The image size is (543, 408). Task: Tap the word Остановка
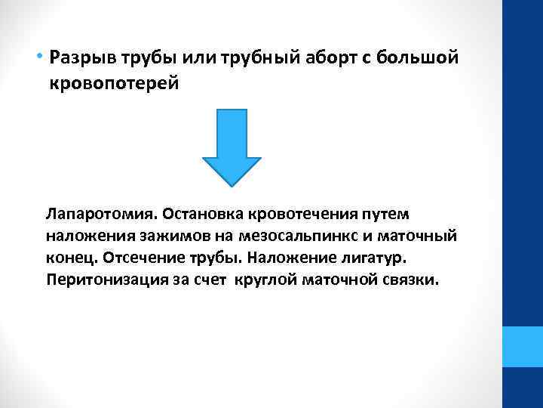tap(195, 213)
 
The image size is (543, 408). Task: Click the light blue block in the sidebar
tap(522, 346)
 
